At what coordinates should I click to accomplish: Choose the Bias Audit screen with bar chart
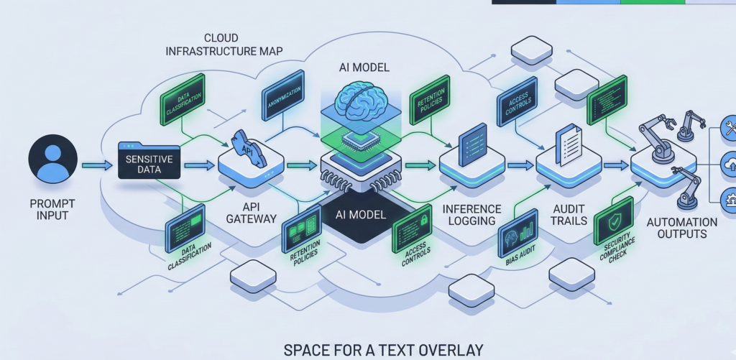pyautogui.click(x=517, y=231)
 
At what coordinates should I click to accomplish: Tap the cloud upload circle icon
pyautogui.click(x=728, y=165)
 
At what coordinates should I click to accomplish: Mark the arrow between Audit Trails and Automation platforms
pyautogui.click(x=615, y=166)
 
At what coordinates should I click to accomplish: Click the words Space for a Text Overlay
pyautogui.click(x=382, y=350)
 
